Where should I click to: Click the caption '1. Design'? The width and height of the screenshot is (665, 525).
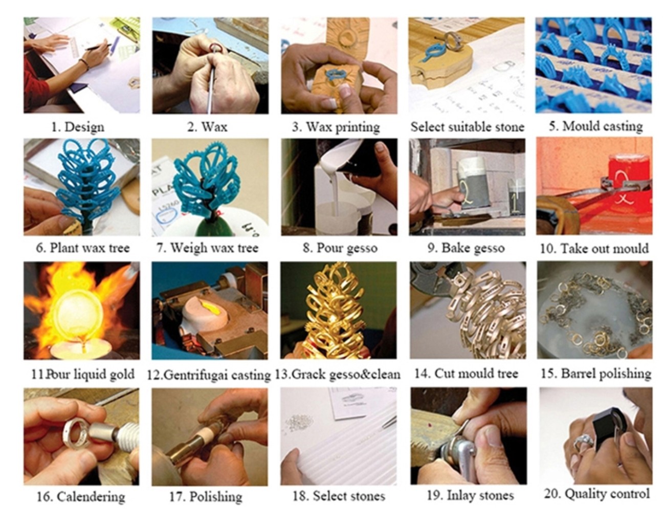pyautogui.click(x=78, y=127)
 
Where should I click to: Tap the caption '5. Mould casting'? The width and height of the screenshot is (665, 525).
pyautogui.click(x=595, y=126)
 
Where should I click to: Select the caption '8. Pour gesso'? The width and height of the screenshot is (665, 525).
pyautogui.click(x=340, y=248)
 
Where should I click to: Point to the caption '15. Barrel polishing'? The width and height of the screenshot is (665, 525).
pyautogui.click(x=596, y=374)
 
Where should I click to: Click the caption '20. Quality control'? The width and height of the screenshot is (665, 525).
pyautogui.click(x=596, y=494)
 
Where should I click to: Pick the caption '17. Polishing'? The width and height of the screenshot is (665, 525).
pyautogui.click(x=206, y=496)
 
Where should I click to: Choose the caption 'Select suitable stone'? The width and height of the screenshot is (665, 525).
pyautogui.click(x=467, y=127)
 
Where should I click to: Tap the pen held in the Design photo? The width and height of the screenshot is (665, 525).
pyautogui.click(x=99, y=47)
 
